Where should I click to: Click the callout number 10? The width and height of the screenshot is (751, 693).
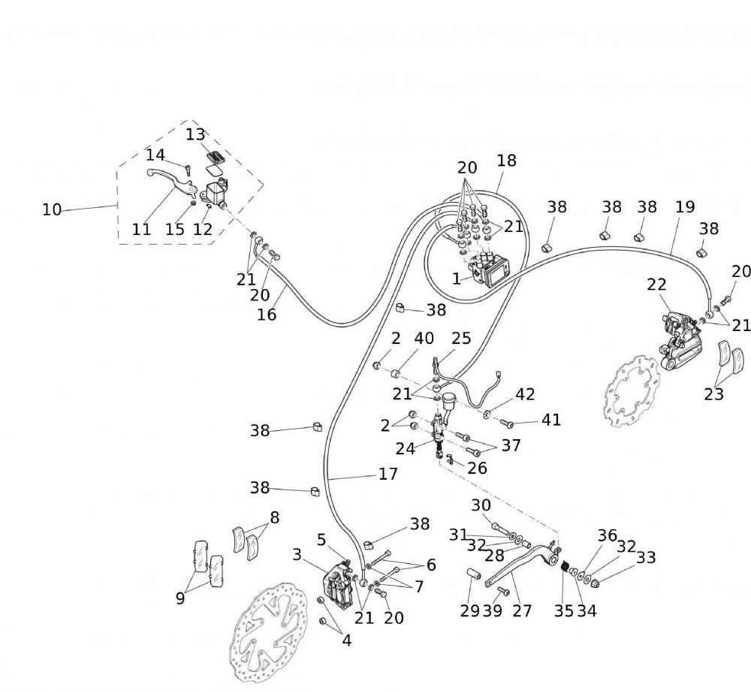coord(51,210)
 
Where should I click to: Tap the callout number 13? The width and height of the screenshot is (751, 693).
coord(195,134)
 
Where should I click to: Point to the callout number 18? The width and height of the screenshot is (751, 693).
coord(506,161)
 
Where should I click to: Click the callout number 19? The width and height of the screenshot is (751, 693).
coord(685,206)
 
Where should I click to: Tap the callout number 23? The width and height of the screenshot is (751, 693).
coord(713,393)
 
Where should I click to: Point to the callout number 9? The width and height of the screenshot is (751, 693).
coord(180,598)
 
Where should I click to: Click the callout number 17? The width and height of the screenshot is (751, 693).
coord(388,475)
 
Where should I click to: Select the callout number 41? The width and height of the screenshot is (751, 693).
coord(551,420)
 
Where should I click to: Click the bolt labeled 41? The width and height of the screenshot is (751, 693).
coord(506,423)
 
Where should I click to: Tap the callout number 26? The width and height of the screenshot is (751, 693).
coord(477,469)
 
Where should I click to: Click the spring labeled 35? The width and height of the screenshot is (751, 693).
coord(566,579)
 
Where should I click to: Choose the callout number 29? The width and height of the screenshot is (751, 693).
coord(470,611)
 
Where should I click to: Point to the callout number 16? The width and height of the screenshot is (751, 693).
coord(267,315)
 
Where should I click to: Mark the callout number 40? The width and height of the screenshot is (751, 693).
coord(424,339)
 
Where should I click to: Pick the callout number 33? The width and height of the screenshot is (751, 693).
coord(646,558)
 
